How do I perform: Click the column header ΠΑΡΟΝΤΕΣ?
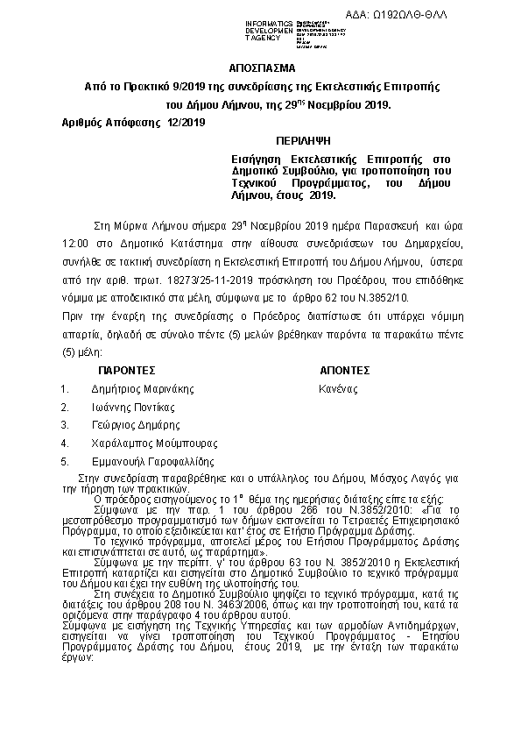(126, 370)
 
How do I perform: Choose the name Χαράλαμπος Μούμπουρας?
(149, 443)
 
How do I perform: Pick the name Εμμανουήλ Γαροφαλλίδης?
(152, 461)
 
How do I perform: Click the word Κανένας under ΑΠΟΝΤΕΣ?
(339, 388)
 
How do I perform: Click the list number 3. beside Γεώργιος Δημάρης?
(65, 424)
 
